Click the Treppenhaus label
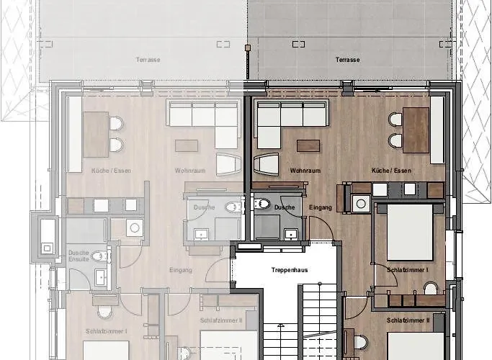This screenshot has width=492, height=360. click(285, 269)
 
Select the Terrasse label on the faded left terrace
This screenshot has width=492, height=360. click(148, 60)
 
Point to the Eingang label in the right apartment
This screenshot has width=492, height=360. click(321, 207)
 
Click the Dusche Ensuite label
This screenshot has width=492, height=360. click(79, 256)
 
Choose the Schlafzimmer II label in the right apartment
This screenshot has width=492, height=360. click(408, 320)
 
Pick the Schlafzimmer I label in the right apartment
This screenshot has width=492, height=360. click(408, 269)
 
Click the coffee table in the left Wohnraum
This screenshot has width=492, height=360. click(186, 145)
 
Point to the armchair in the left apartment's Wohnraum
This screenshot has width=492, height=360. click(229, 165)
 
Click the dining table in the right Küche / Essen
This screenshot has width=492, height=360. click(415, 130)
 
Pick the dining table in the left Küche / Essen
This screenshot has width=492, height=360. click(95, 135)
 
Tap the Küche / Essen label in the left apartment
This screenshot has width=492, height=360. click(111, 171)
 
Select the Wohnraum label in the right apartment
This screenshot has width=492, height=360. click(305, 171)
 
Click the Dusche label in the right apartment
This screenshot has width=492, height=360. click(284, 207)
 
